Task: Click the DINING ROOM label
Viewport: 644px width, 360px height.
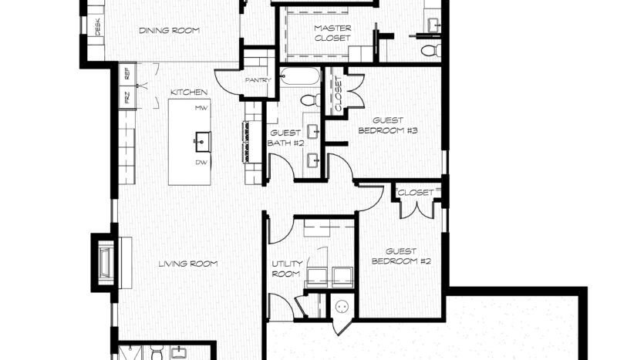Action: point(169,30)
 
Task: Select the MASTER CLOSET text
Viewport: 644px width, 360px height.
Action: point(332,33)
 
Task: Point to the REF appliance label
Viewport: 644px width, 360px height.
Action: point(127,73)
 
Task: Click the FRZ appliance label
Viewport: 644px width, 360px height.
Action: point(127,97)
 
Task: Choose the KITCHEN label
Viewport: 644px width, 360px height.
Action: point(189,93)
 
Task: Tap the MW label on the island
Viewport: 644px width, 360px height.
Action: point(201,108)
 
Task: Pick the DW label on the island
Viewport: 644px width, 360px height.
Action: point(201,163)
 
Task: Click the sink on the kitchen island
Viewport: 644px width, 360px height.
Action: point(202,142)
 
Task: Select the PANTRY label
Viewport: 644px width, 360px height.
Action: point(258,80)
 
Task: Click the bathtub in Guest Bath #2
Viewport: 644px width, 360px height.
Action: point(300,76)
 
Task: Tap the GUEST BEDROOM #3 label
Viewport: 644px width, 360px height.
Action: point(388,126)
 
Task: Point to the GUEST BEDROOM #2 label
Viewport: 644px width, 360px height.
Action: point(401,256)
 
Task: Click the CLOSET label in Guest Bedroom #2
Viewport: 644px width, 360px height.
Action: point(416,193)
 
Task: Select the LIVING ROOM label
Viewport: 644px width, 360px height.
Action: point(188,264)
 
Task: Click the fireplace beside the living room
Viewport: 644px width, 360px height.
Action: point(106,263)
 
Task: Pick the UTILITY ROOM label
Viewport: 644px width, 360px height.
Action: point(287,268)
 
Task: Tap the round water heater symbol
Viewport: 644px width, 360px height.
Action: point(342,306)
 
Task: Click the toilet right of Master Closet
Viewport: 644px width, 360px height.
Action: point(431,51)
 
